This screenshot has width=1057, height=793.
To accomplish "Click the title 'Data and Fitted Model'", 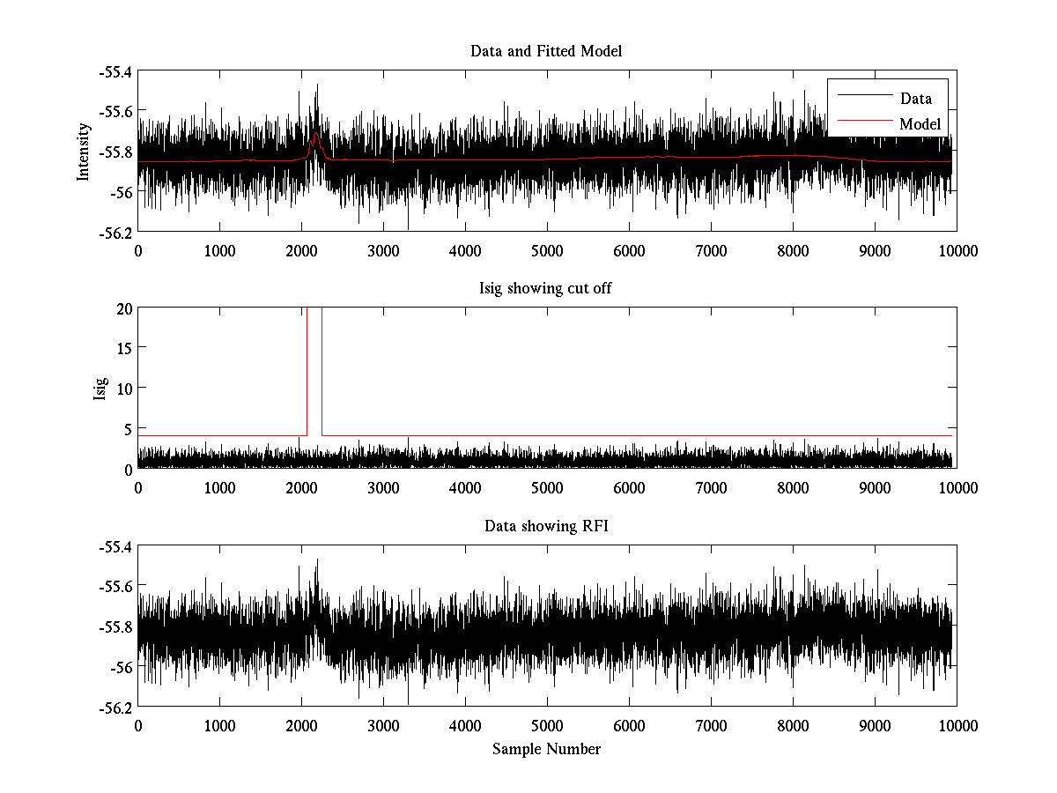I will pyautogui.click(x=546, y=51).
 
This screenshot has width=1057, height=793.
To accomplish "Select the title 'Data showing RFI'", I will pyautogui.click(x=546, y=526).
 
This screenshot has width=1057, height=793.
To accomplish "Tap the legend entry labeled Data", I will pyautogui.click(x=915, y=99).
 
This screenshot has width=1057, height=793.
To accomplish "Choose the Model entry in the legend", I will pyautogui.click(x=920, y=124).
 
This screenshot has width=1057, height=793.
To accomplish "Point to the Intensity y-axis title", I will pyautogui.click(x=84, y=151).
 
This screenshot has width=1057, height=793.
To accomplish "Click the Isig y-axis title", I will pyautogui.click(x=100, y=389).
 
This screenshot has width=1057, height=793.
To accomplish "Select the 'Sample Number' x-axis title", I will pyautogui.click(x=546, y=749).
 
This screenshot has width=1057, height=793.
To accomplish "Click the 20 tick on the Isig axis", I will pyautogui.click(x=122, y=308).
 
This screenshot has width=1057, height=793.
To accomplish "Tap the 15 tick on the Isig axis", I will pyautogui.click(x=122, y=348).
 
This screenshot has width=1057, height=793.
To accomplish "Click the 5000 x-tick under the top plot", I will pyautogui.click(x=547, y=250).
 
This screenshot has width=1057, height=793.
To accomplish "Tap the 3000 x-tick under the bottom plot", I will pyautogui.click(x=383, y=725).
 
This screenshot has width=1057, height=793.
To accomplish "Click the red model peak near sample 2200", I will pyautogui.click(x=315, y=134).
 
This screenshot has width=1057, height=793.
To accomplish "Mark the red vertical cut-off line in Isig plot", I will pyautogui.click(x=307, y=370).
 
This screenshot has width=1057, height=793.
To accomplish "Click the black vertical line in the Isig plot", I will pyautogui.click(x=322, y=370).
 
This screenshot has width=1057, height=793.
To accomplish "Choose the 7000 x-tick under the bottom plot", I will pyautogui.click(x=711, y=725).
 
